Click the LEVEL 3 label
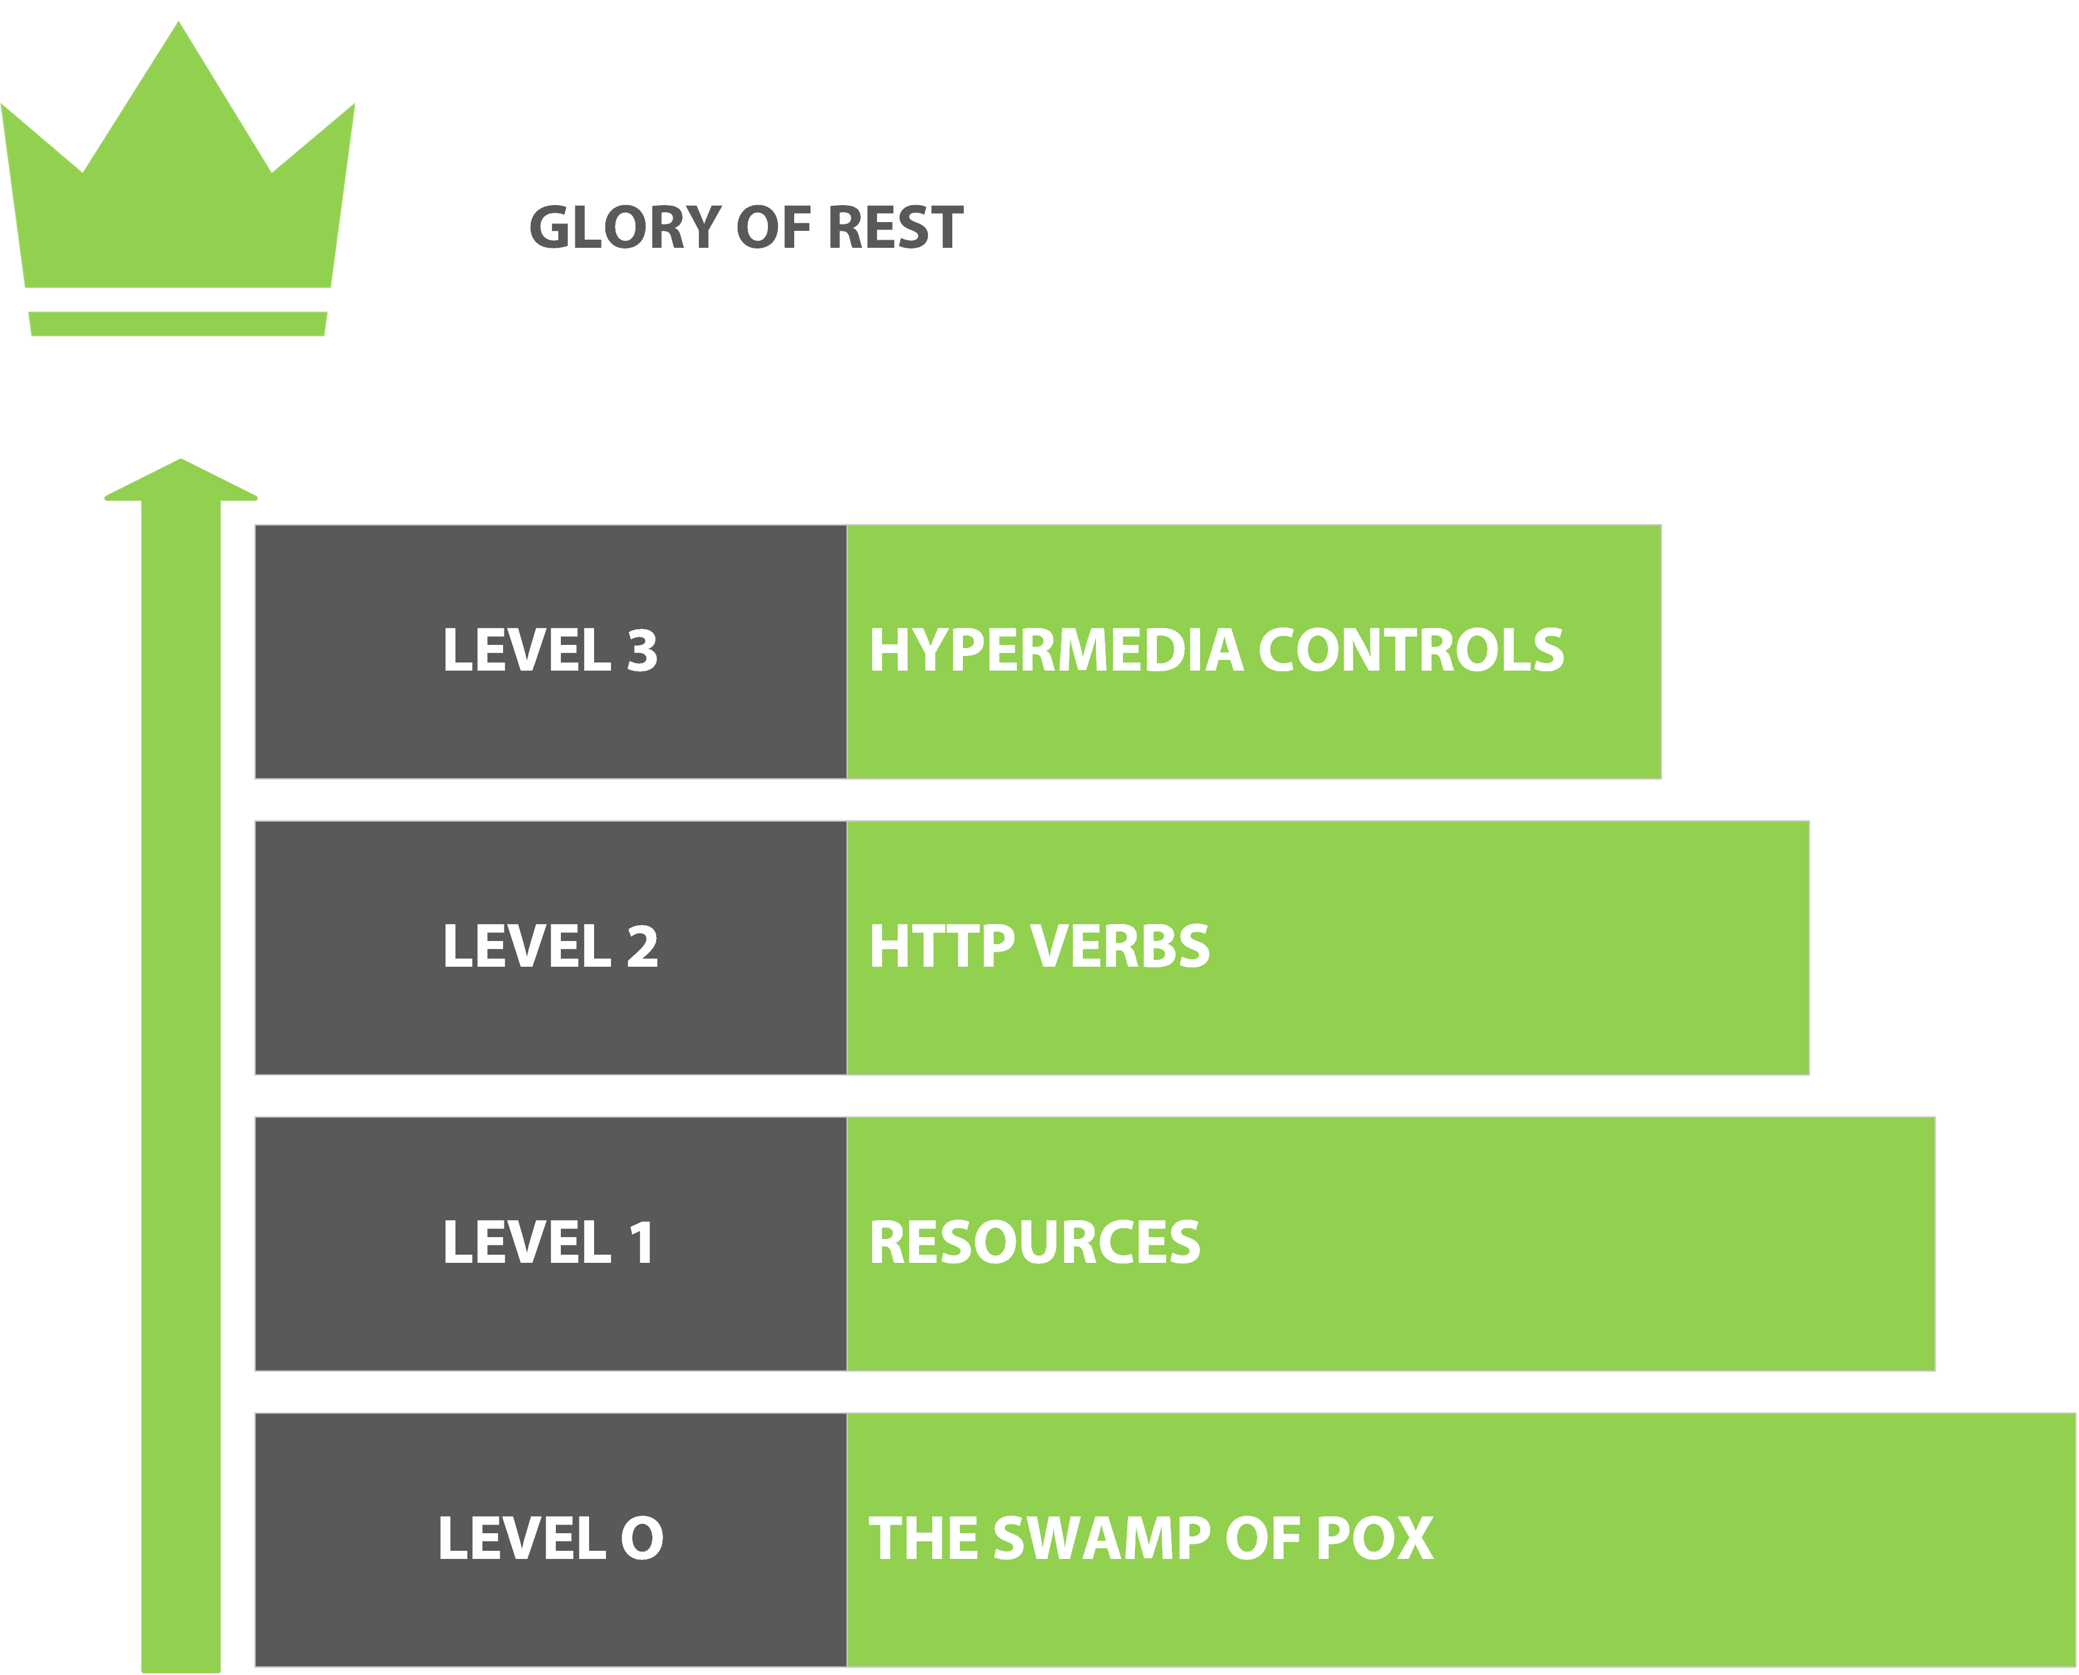coord(550,651)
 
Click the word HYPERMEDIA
coord(1056,651)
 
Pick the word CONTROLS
coord(1410,651)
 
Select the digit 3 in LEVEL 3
coord(642,651)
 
